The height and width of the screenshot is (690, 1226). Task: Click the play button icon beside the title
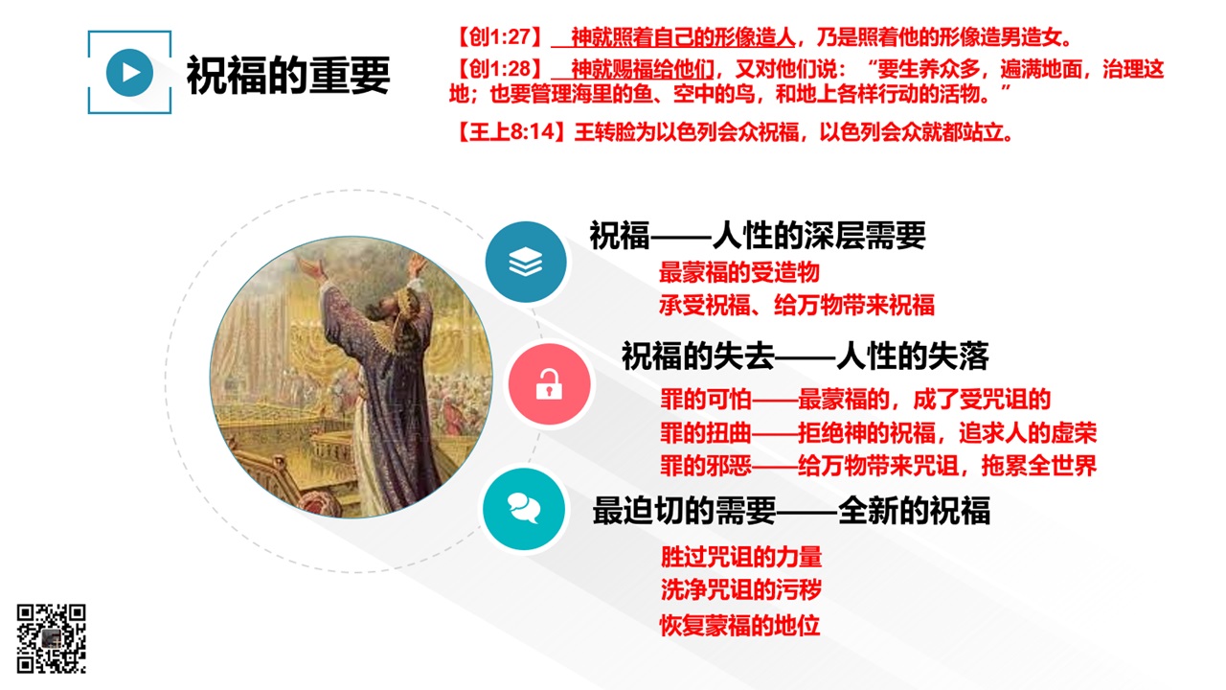(x=129, y=72)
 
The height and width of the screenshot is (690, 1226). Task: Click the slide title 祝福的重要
(x=288, y=75)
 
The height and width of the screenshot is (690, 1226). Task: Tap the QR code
(x=51, y=638)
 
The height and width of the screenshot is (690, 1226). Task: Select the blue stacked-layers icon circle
(x=526, y=262)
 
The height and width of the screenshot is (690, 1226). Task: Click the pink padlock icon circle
(x=549, y=384)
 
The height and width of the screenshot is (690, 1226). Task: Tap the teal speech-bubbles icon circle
(x=524, y=509)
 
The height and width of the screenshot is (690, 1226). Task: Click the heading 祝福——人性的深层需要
(x=758, y=236)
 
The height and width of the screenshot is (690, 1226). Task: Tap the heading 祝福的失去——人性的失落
(x=806, y=356)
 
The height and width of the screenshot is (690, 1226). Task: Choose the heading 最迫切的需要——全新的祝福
(x=791, y=511)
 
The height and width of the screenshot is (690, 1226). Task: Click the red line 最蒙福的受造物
(x=738, y=272)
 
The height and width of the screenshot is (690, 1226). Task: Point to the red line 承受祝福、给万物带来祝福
(x=796, y=305)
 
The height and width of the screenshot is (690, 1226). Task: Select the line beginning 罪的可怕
(x=855, y=400)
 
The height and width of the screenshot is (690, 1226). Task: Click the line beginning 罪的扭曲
(x=878, y=432)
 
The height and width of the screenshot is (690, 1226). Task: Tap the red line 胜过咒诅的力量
(x=741, y=557)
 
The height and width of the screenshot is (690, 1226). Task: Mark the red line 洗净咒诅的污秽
(x=741, y=589)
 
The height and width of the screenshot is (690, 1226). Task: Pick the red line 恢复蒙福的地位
(x=739, y=626)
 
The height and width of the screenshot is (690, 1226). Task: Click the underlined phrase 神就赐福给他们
(x=643, y=69)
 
